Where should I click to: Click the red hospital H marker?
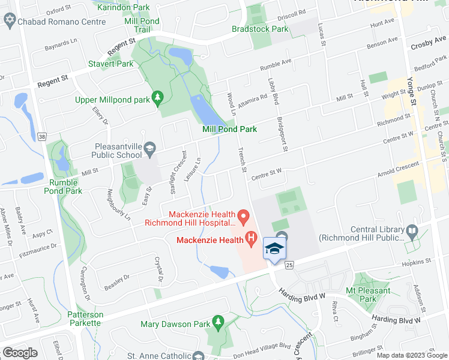click(252, 241)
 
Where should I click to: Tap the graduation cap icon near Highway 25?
click(274, 248)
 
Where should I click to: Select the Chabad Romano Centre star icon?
click(9, 22)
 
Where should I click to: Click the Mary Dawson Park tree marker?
click(217, 324)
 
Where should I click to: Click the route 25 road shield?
click(289, 265)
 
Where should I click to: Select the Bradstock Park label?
click(260, 29)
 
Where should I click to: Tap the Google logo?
click(20, 353)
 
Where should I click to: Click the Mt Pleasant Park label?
click(368, 295)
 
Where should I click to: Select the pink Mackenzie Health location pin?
click(243, 215)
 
